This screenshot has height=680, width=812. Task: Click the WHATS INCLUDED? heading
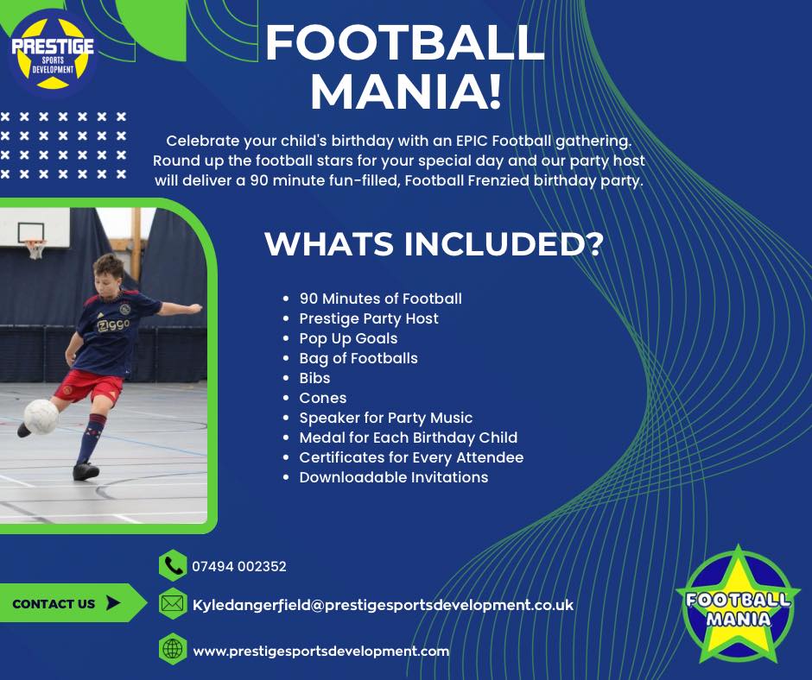pyautogui.click(x=433, y=243)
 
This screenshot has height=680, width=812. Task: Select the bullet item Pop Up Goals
pyautogui.click(x=348, y=338)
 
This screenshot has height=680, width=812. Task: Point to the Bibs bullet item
pyautogui.click(x=314, y=378)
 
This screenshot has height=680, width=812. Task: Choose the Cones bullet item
pyautogui.click(x=322, y=398)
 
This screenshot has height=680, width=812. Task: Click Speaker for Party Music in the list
pyautogui.click(x=385, y=418)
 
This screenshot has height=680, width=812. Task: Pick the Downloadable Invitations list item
pyautogui.click(x=393, y=477)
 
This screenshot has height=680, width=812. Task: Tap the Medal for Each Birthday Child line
pyautogui.click(x=408, y=438)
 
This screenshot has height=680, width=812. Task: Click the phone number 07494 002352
pyautogui.click(x=239, y=567)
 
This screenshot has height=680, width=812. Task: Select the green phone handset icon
pyautogui.click(x=173, y=566)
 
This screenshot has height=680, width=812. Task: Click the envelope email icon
pyautogui.click(x=173, y=605)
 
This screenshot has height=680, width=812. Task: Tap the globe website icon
pyautogui.click(x=173, y=650)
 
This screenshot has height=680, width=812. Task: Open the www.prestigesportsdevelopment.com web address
pyautogui.click(x=320, y=652)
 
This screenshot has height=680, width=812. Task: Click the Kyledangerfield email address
pyautogui.click(x=383, y=606)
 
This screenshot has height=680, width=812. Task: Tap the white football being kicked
pyautogui.click(x=41, y=417)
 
